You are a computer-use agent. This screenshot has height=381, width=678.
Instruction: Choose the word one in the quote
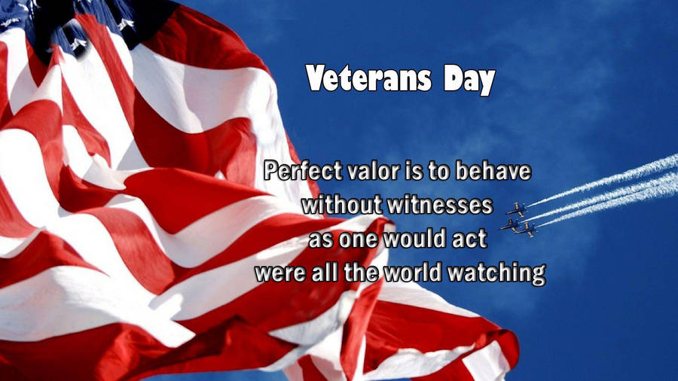356,239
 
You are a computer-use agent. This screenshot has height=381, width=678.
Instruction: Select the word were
279,273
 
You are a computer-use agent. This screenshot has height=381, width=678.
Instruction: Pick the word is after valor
400,172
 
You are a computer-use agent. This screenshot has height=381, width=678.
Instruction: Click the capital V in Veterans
317,79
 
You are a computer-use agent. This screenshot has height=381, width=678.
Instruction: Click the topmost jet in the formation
517,209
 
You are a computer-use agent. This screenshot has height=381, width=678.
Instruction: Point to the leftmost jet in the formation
510,224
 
